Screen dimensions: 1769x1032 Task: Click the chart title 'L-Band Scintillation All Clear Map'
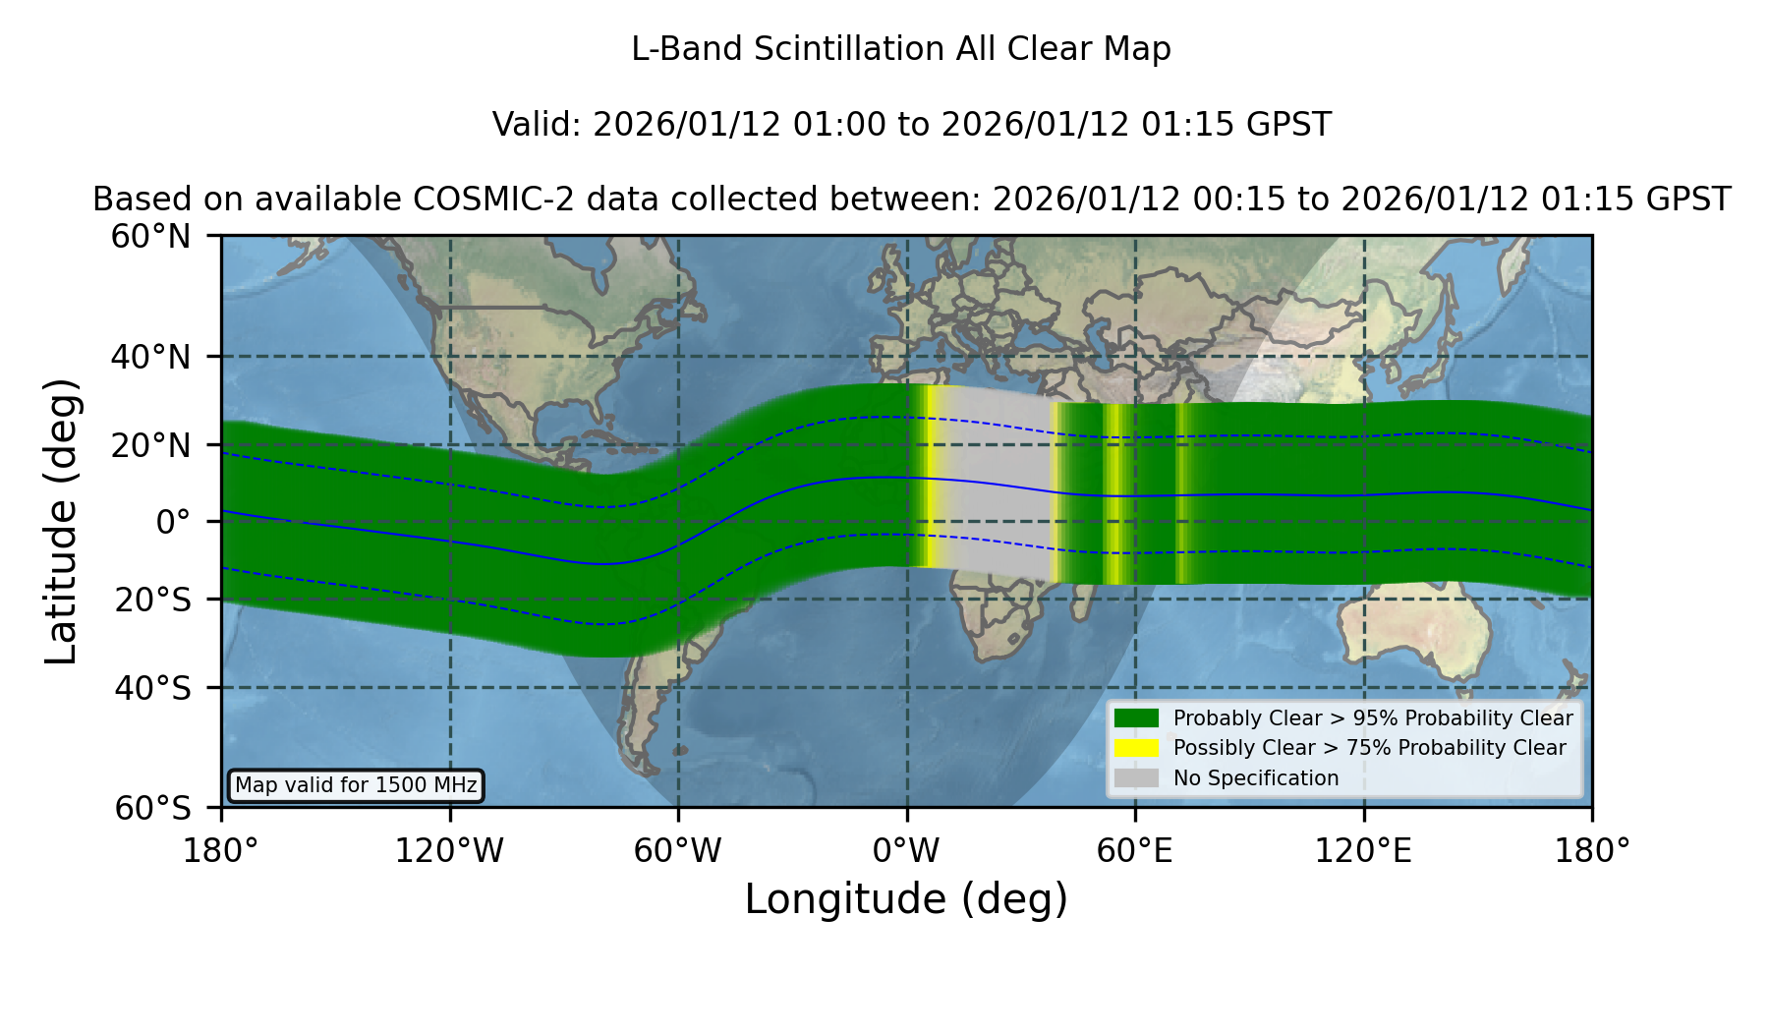pyautogui.click(x=901, y=49)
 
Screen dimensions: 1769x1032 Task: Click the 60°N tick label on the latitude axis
pyautogui.click(x=150, y=237)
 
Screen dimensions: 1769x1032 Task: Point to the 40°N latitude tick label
pyautogui.click(x=150, y=357)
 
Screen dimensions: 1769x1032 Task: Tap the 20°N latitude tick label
pyautogui.click(x=150, y=445)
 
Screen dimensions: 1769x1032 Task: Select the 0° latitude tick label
pyautogui.click(x=173, y=522)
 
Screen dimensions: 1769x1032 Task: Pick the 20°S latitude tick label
pyautogui.click(x=152, y=600)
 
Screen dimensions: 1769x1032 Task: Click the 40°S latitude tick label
pyautogui.click(x=152, y=688)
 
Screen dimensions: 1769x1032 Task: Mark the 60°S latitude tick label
pyautogui.click(x=152, y=808)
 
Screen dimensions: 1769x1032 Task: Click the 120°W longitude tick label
pyautogui.click(x=449, y=851)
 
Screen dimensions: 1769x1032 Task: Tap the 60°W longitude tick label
pyautogui.click(x=678, y=851)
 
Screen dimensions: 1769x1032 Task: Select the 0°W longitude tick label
pyautogui.click(x=906, y=851)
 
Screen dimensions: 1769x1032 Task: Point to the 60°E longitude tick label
pyautogui.click(x=1135, y=851)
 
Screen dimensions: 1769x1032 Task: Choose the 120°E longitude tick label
pyautogui.click(x=1363, y=851)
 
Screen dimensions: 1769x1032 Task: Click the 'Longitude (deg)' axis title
pyautogui.click(x=906, y=900)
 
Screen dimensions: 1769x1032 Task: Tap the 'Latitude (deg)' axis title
pyautogui.click(x=61, y=521)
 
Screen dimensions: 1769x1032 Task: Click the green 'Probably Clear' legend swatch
pyautogui.click(x=1136, y=717)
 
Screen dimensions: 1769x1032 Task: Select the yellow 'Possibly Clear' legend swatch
pyautogui.click(x=1136, y=748)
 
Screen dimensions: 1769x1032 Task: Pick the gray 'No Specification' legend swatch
pyautogui.click(x=1136, y=778)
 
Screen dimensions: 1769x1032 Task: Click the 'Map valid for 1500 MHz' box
pyautogui.click(x=356, y=785)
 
